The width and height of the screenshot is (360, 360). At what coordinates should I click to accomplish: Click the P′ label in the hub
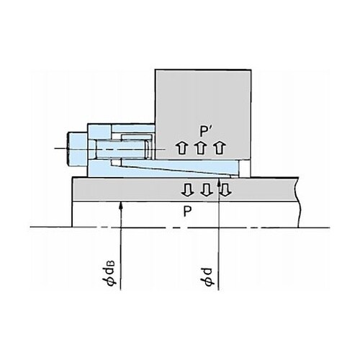click(x=204, y=131)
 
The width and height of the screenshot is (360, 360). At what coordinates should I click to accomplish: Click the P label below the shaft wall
click(x=187, y=212)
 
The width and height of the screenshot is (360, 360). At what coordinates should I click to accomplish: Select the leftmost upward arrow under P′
click(x=181, y=148)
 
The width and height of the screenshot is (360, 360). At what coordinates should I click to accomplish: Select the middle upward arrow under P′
click(x=200, y=148)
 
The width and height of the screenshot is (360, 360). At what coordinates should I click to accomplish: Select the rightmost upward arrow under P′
click(x=220, y=148)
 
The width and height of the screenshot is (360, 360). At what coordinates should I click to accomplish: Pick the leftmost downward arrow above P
click(x=187, y=190)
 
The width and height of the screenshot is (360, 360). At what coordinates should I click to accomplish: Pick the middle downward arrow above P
click(x=207, y=190)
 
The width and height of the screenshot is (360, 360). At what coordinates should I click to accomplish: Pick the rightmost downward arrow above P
click(x=225, y=190)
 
